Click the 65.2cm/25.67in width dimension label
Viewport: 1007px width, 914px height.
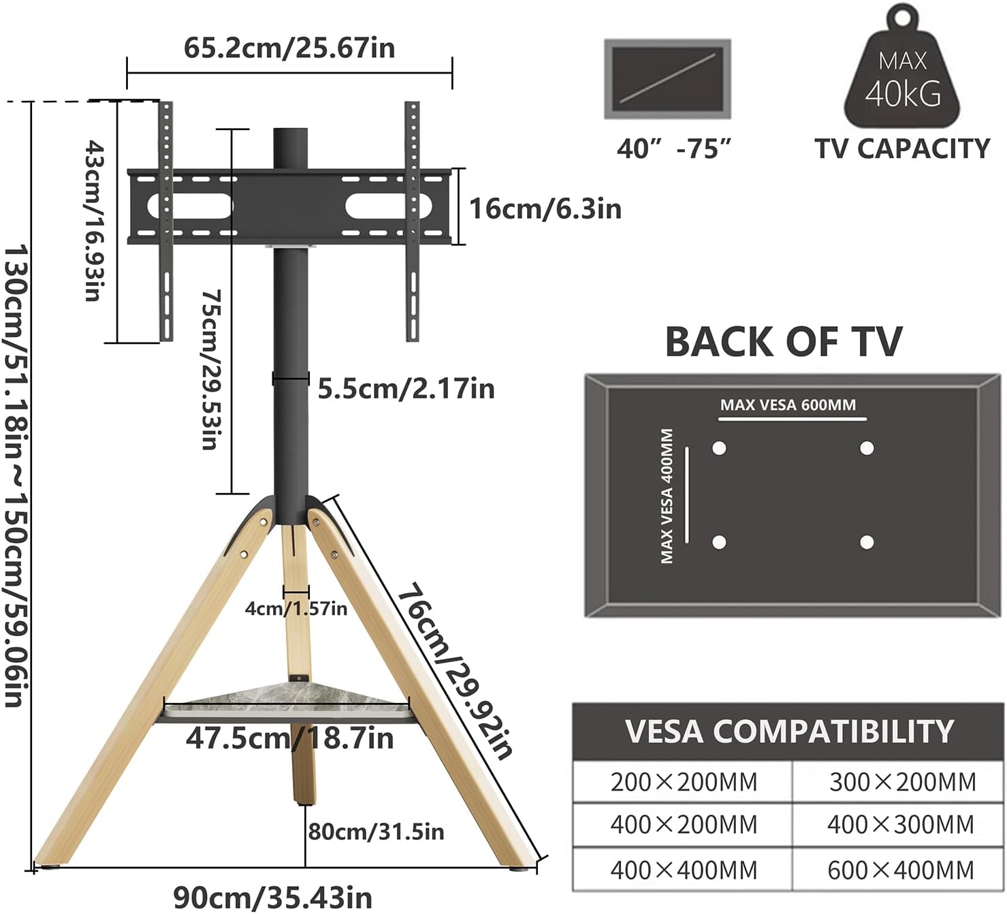(x=289, y=48)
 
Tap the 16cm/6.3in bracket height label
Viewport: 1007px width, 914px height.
(x=545, y=208)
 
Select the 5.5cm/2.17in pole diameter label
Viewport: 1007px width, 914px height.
(x=406, y=389)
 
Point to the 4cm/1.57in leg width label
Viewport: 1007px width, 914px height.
(x=296, y=608)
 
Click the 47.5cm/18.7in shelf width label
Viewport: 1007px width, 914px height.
(x=289, y=738)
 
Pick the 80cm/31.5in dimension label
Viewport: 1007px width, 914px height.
(x=376, y=832)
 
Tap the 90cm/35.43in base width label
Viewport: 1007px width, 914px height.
(x=273, y=897)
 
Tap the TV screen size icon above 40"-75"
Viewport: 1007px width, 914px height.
(x=667, y=79)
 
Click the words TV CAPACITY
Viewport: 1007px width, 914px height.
(x=902, y=148)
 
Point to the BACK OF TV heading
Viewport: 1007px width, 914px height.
(x=783, y=342)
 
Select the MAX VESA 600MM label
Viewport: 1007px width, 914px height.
(x=788, y=405)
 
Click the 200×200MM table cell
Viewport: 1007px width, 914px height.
(x=683, y=782)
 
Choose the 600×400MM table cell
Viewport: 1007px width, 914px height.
(x=900, y=870)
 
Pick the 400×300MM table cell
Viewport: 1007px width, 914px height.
(x=900, y=825)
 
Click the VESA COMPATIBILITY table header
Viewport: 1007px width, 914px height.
(x=788, y=731)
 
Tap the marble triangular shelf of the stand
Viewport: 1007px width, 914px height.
(x=286, y=697)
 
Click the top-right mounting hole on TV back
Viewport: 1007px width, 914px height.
(x=866, y=448)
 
